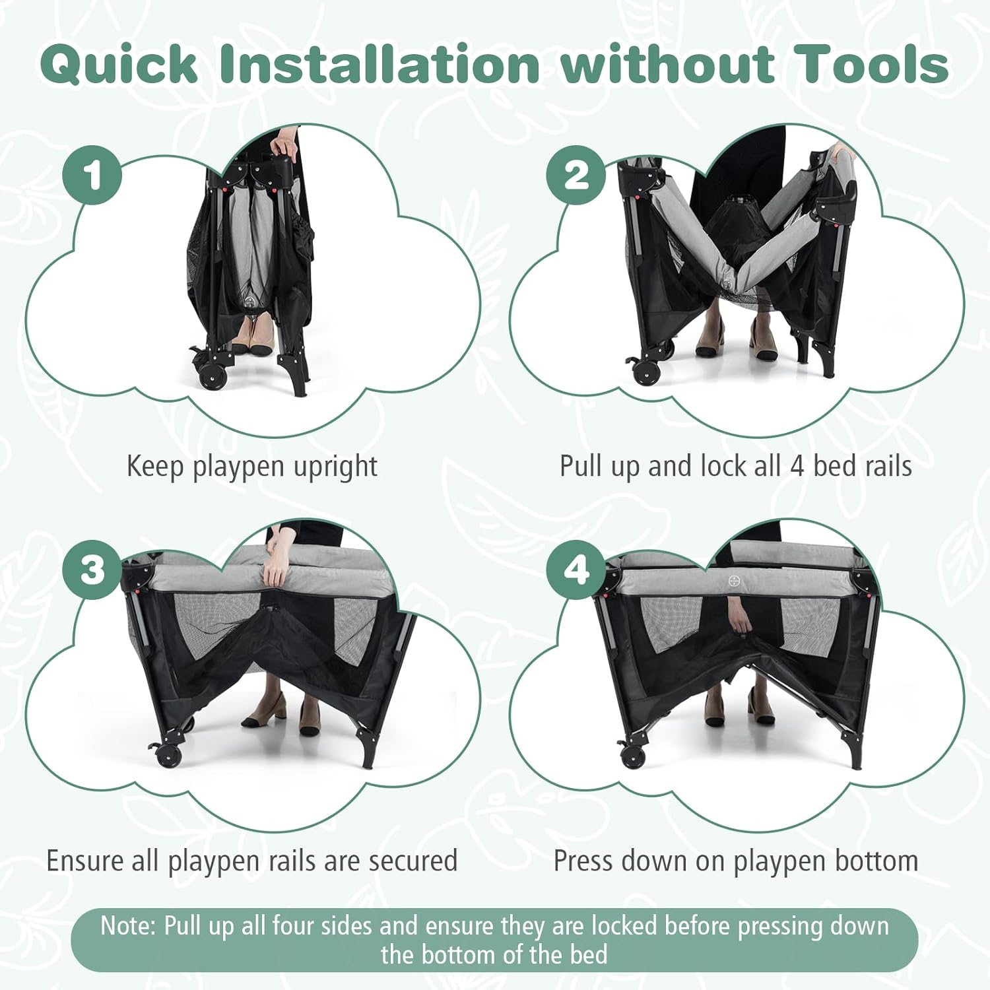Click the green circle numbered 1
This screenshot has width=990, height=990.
pos(92,175)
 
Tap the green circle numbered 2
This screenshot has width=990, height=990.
pos(576,175)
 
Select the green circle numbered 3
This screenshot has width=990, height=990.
pos(92,570)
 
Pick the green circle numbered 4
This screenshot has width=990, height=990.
pos(576,570)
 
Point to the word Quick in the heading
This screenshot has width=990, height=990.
pos(119,65)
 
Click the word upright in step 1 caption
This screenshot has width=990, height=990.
pos(335,467)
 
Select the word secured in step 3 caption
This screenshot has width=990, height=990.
pos(413,861)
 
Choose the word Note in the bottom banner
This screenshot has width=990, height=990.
pos(126,926)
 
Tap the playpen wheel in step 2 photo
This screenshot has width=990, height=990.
pos(645,372)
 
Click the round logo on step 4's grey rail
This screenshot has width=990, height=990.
pos(733,581)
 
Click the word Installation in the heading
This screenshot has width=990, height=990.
pos(379,65)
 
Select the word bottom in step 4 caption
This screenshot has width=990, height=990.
pos(876,861)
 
